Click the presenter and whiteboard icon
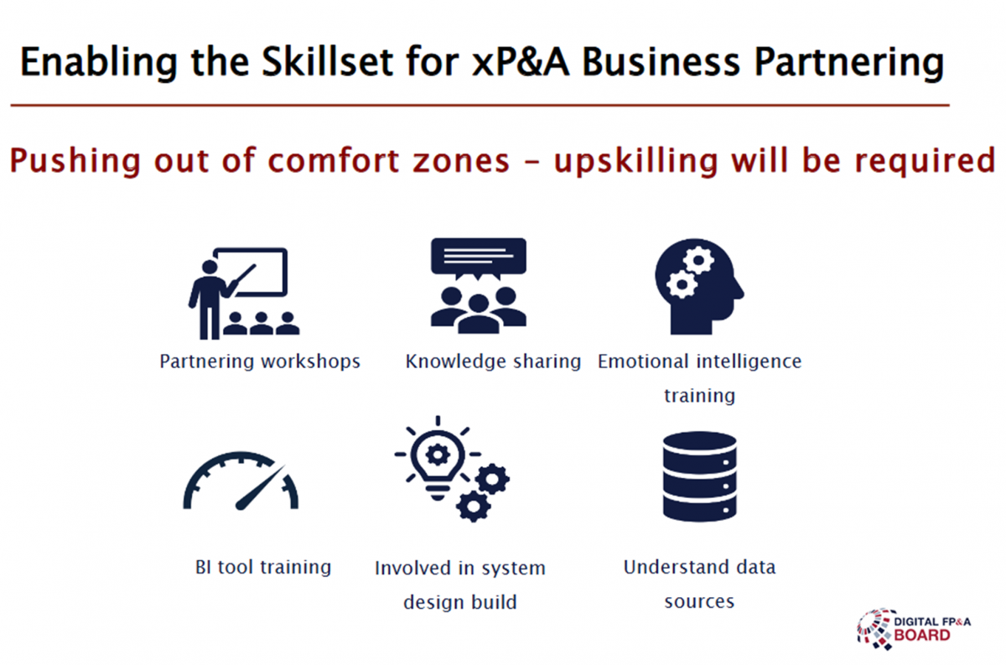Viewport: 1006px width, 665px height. (243, 293)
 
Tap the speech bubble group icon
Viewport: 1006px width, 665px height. (479, 286)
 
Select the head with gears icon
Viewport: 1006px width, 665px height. (699, 286)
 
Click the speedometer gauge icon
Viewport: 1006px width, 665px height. (241, 481)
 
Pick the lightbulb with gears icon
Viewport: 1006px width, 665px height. (452, 469)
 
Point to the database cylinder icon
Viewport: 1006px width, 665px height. (700, 476)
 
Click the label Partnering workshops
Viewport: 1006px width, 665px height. (260, 361)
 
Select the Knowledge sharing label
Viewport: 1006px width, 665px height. (493, 361)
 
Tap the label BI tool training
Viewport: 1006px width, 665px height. (263, 567)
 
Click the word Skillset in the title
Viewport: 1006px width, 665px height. (328, 62)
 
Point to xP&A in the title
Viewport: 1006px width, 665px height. (521, 62)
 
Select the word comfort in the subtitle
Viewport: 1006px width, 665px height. (334, 160)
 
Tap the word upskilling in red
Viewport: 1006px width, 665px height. (635, 162)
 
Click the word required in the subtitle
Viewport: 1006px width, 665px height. (926, 162)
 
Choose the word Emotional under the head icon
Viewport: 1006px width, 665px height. (643, 361)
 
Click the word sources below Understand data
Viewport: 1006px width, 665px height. (699, 601)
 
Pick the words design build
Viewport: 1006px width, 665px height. (460, 602)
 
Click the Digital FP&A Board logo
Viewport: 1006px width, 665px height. (914, 629)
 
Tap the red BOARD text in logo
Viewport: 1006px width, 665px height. (922, 636)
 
